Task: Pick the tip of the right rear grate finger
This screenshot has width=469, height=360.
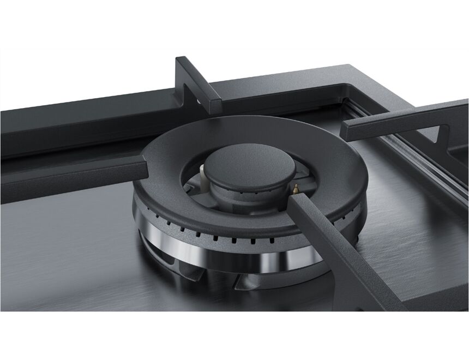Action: (x=351, y=130)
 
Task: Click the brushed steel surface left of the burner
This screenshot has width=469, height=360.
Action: (x=65, y=240)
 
